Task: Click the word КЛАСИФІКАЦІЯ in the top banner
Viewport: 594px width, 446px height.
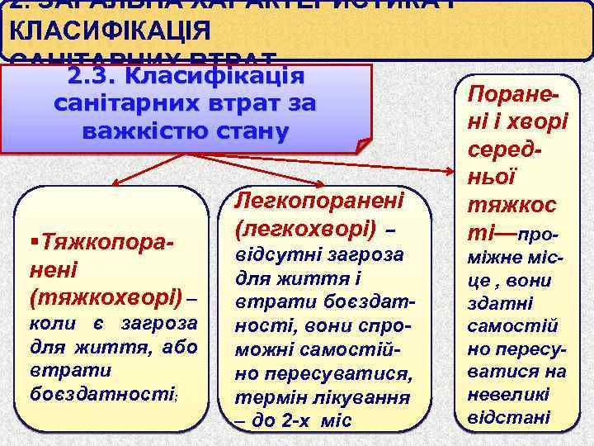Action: pos(107,31)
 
